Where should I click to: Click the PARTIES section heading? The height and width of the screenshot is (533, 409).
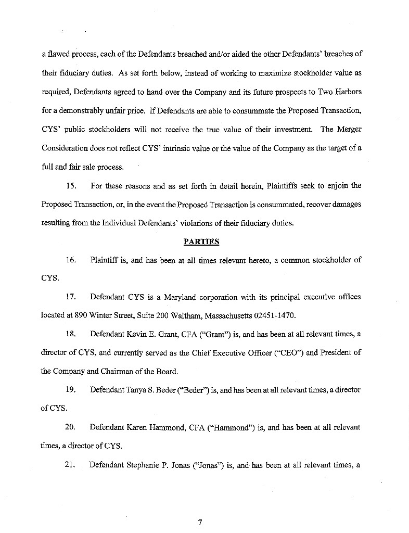(x=201, y=242)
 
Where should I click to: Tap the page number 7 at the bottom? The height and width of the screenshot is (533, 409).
(x=199, y=523)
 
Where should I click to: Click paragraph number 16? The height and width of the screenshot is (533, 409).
(x=71, y=260)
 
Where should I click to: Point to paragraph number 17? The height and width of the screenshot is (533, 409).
(x=71, y=297)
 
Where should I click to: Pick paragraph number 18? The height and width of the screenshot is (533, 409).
(x=71, y=334)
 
